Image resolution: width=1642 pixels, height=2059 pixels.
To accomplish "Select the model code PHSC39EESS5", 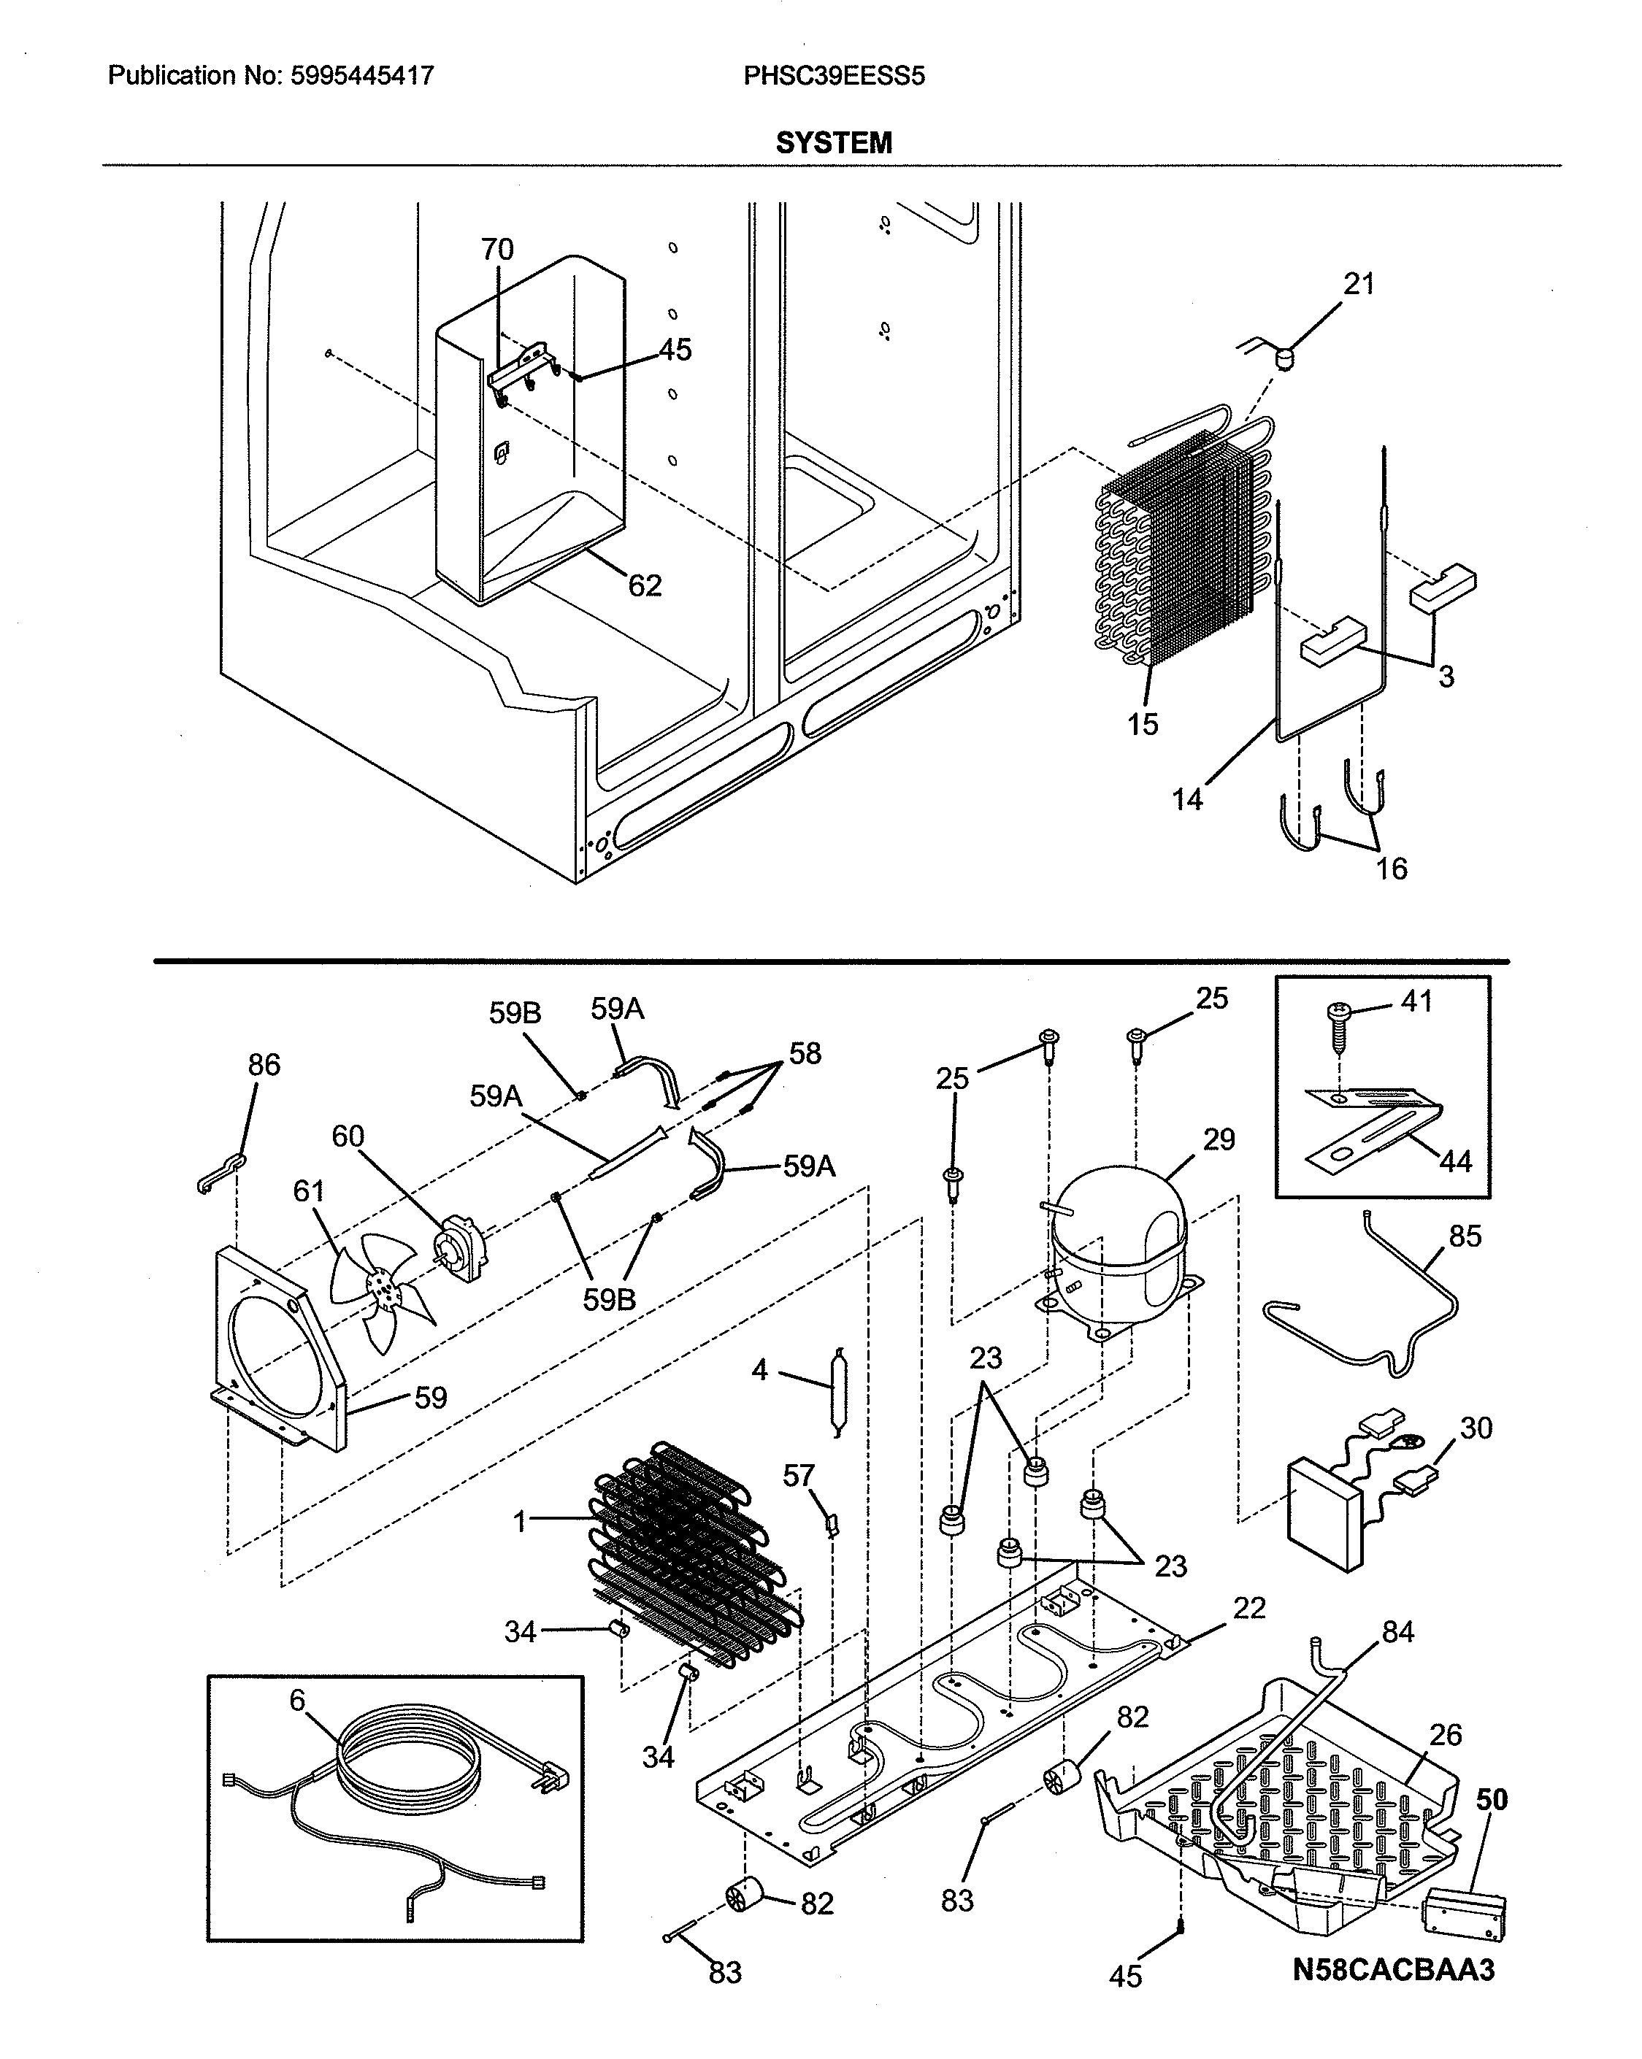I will click(834, 75).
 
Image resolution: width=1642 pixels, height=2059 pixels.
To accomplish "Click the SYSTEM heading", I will click(833, 143).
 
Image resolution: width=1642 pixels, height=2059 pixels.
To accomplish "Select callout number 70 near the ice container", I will click(496, 250).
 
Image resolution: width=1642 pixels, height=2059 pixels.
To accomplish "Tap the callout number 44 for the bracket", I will click(1455, 1161).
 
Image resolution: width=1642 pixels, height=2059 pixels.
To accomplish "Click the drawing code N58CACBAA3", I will click(1393, 1969).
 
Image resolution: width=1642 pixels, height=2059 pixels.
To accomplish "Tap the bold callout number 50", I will click(1490, 1800).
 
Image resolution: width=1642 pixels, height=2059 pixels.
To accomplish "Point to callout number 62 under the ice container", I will click(645, 585).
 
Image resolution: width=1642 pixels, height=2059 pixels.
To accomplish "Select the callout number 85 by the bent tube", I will click(1465, 1236).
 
